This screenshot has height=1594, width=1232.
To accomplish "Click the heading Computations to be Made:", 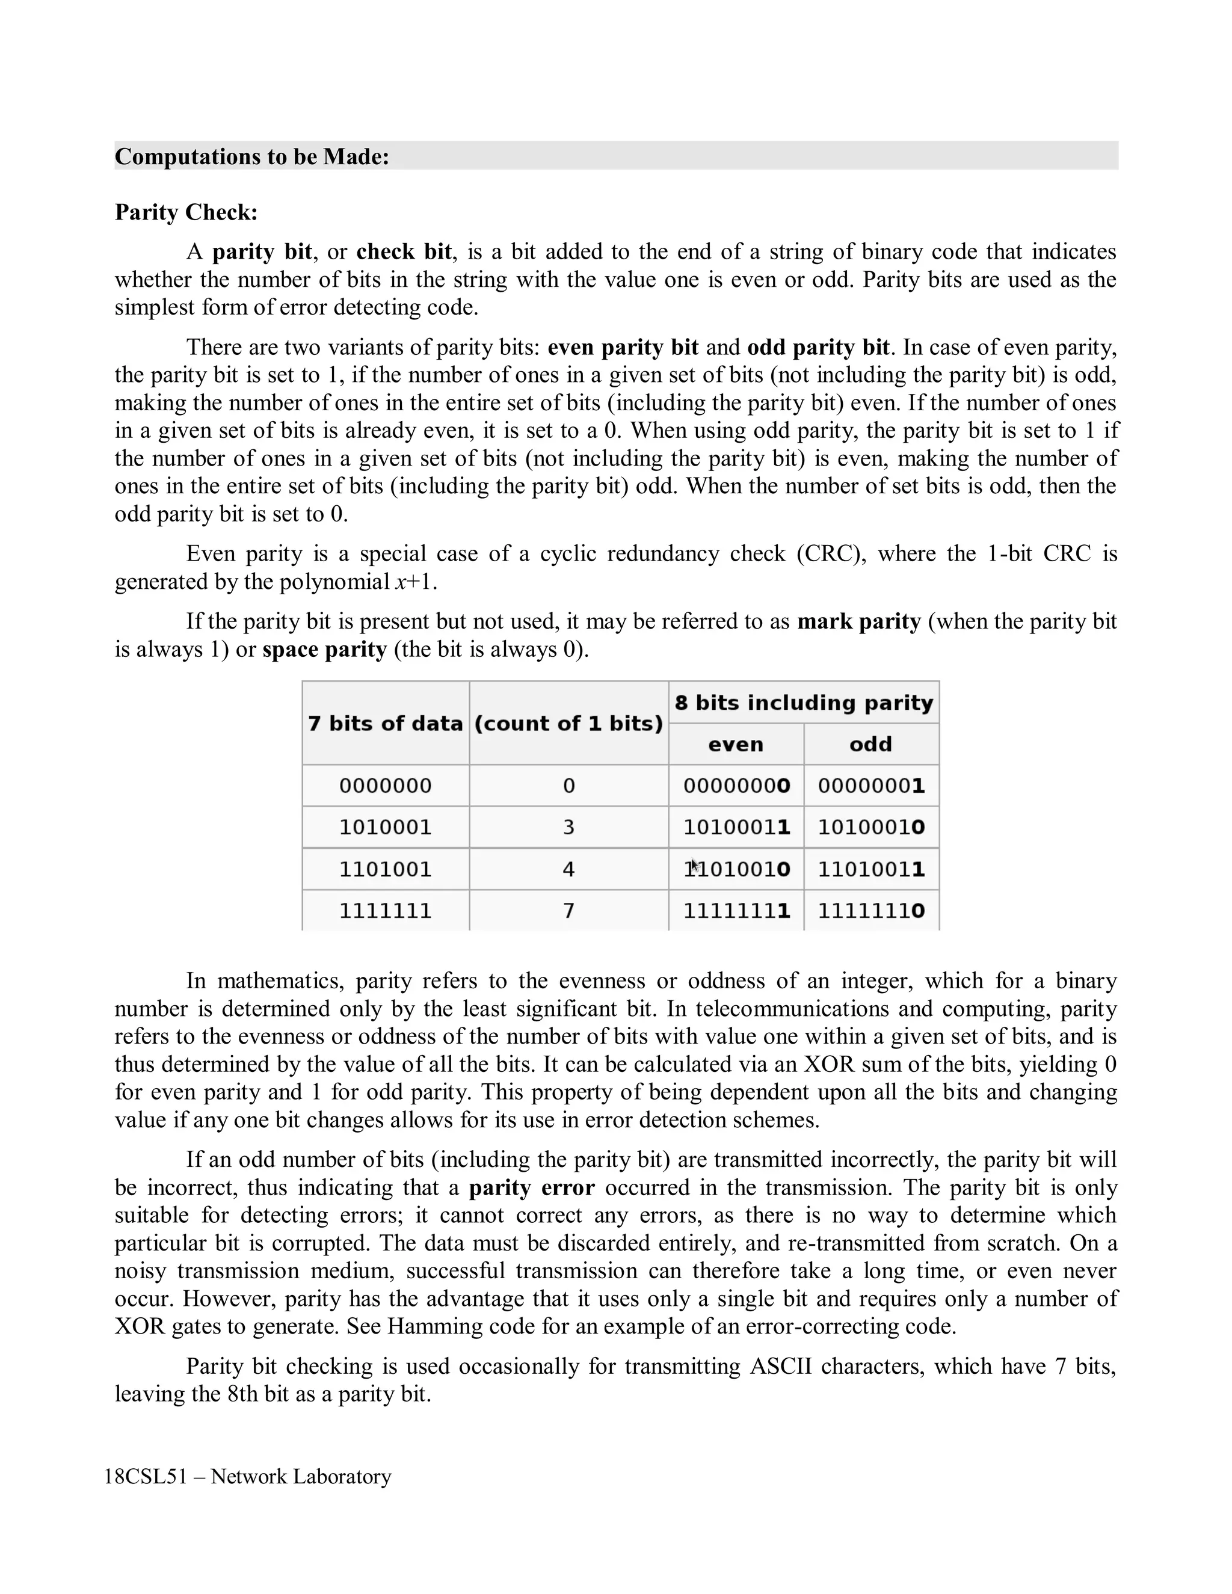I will click(x=252, y=156).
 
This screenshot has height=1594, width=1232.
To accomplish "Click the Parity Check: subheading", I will click(x=186, y=212).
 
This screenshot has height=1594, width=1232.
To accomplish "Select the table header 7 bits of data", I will click(x=386, y=723).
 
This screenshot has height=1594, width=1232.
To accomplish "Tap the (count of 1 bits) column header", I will click(x=568, y=723).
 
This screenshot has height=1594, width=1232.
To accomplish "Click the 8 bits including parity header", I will click(x=804, y=702).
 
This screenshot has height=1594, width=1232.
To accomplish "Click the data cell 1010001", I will click(x=386, y=827).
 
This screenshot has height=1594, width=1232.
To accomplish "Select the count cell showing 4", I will click(x=568, y=869).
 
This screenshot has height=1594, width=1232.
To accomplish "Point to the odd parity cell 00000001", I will click(x=870, y=786).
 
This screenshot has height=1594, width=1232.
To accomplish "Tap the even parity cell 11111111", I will click(x=736, y=911).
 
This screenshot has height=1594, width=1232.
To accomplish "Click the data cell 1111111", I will click(x=386, y=911).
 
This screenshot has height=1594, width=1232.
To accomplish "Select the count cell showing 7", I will click(x=568, y=911).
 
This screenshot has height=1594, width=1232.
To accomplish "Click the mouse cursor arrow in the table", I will click(x=695, y=866).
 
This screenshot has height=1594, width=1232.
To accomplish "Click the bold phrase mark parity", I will click(x=858, y=621).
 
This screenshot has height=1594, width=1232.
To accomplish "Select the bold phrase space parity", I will click(x=324, y=649).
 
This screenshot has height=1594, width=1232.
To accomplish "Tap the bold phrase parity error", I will click(x=531, y=1187).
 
